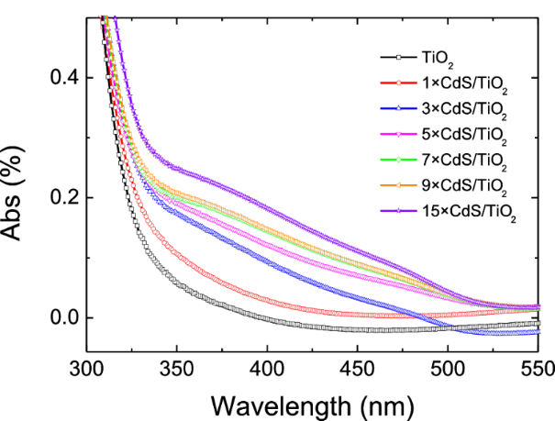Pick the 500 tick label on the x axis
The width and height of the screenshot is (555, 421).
coord(448,371)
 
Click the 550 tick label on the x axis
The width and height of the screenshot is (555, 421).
coord(538,371)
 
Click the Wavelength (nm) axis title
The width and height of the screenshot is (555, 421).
coord(312,404)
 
